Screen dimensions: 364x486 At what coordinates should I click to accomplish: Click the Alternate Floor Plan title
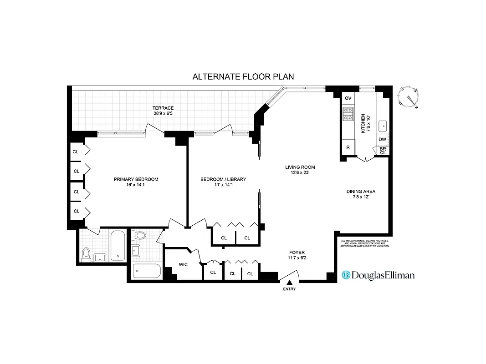(243, 76)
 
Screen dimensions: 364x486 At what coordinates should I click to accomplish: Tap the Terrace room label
(163, 111)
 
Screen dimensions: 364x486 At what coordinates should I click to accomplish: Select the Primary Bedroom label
(136, 182)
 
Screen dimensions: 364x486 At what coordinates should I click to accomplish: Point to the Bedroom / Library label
(223, 182)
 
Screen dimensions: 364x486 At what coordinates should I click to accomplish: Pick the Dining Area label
(361, 194)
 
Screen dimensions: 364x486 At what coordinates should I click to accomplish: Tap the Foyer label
(297, 255)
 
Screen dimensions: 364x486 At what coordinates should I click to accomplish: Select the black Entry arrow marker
(289, 283)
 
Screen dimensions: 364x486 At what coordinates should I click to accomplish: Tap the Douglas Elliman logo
(378, 275)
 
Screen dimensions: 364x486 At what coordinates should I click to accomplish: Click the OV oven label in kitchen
(348, 98)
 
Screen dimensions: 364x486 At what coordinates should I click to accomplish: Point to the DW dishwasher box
(382, 139)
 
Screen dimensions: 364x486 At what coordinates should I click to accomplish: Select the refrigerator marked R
(348, 147)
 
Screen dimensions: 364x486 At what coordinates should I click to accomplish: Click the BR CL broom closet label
(383, 151)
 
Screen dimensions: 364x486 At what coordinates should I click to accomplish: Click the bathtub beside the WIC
(146, 271)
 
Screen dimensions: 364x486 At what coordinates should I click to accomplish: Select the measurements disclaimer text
(365, 243)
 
